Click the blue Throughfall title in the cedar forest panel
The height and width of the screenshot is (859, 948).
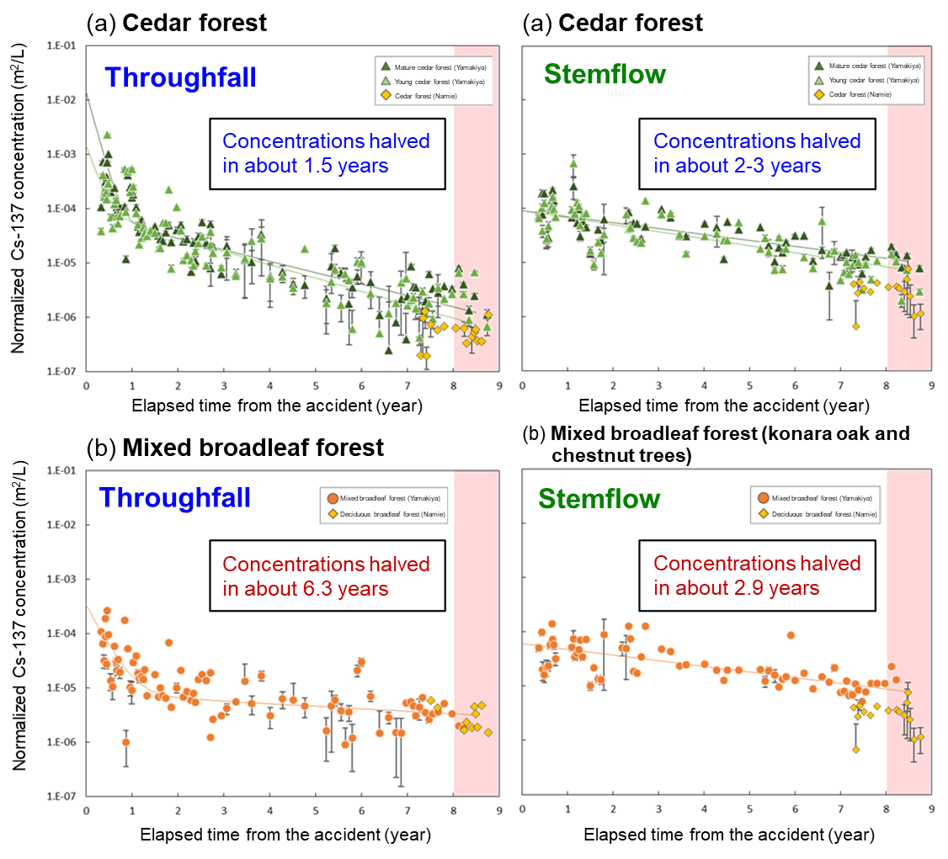point(180,77)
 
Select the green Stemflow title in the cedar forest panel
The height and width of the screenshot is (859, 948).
point(604,74)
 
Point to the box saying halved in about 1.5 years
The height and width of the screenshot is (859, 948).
point(326,152)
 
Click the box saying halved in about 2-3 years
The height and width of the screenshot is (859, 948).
point(757,152)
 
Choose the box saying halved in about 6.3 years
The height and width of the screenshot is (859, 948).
point(326,575)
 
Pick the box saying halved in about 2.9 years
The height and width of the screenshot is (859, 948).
point(757,575)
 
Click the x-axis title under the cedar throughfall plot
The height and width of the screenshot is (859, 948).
point(277,406)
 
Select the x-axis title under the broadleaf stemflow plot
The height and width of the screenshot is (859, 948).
point(728,835)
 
